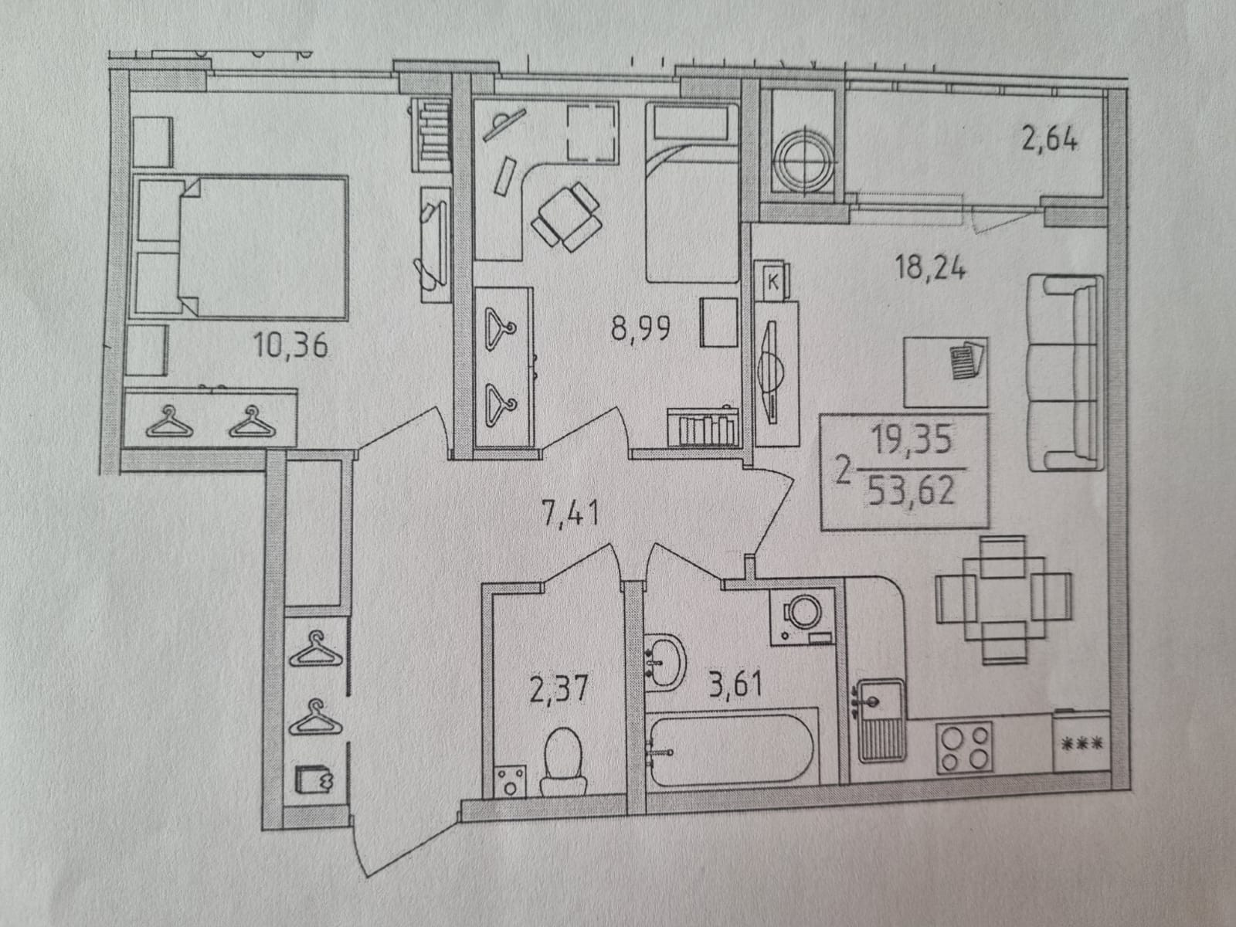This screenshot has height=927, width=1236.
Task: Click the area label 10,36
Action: [291, 345]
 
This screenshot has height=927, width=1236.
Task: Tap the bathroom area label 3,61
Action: [735, 684]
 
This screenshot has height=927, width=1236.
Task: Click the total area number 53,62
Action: [912, 491]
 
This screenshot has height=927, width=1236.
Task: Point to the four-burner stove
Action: [964, 746]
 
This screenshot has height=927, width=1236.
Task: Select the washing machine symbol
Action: [802, 616]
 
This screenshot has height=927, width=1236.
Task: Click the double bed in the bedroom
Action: [241, 246]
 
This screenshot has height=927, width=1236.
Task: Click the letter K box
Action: [772, 281]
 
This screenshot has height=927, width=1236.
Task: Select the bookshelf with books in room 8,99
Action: [702, 427]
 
